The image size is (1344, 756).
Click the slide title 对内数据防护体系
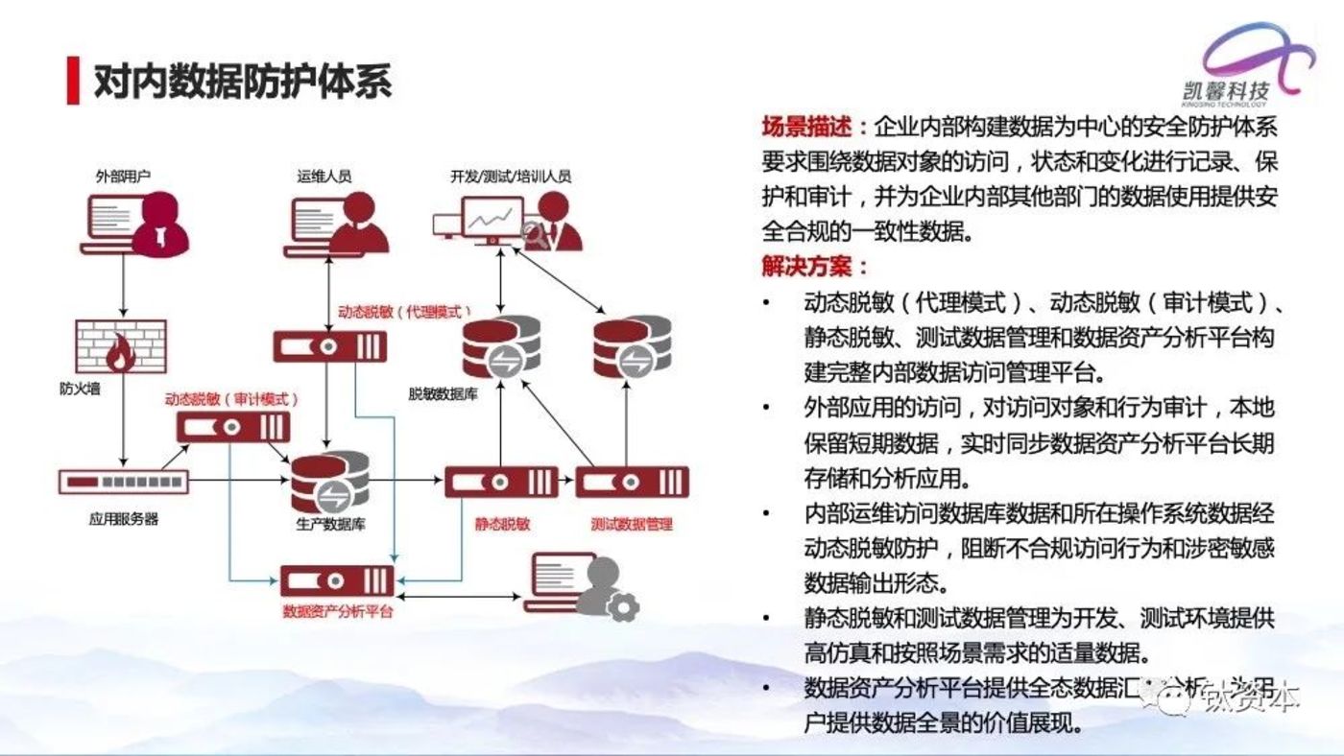(x=243, y=82)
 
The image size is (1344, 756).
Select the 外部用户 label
(x=123, y=177)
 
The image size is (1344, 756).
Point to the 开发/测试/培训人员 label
(x=511, y=177)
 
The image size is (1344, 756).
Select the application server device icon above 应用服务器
(x=124, y=481)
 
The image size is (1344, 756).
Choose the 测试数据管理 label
(x=632, y=524)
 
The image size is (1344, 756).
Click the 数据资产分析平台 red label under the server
(x=338, y=611)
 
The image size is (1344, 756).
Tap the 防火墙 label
(x=80, y=389)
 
